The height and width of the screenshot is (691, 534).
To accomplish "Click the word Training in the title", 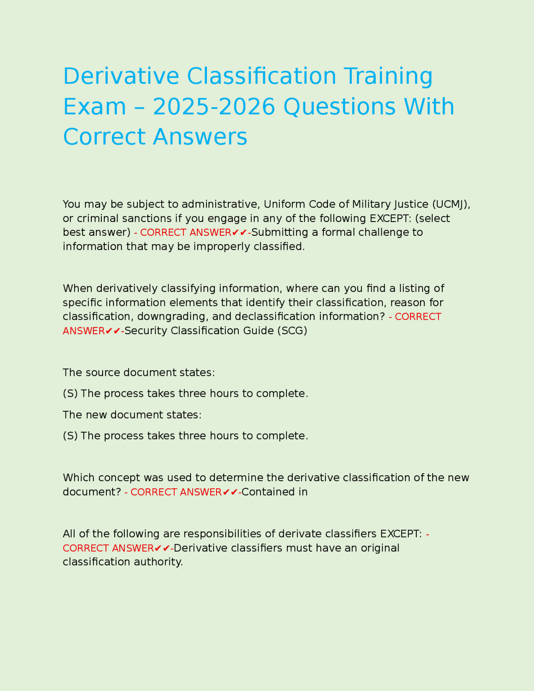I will [388, 76].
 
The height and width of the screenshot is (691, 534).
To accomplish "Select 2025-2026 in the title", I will [214, 107].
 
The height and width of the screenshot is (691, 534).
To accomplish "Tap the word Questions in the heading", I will [339, 107].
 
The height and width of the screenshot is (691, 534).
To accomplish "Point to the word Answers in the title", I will [200, 137].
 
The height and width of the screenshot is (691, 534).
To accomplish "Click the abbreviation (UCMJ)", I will [451, 204].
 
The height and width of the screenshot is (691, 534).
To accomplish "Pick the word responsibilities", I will [229, 534].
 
